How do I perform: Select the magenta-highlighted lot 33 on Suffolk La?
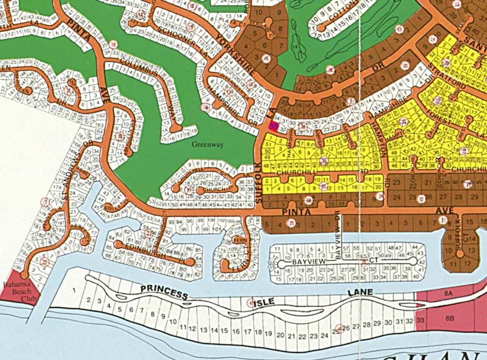coord(274,126)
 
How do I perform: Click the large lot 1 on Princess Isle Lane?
coord(74,290)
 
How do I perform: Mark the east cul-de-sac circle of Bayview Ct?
coord(413,262)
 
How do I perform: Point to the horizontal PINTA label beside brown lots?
coord(298,213)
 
